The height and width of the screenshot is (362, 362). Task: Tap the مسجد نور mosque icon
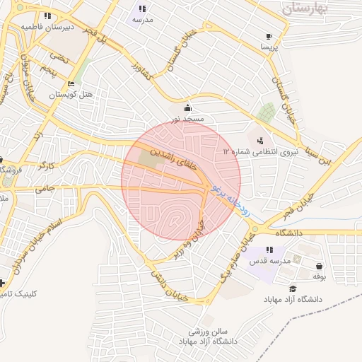coord(187,107)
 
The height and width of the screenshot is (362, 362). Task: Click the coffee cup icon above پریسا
coord(269,37)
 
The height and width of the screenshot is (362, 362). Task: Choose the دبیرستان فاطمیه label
coord(47,26)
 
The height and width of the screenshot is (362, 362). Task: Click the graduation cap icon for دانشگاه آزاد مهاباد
coord(293,288)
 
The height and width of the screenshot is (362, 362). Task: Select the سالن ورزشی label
coord(209,331)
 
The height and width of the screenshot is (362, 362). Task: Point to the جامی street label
coord(45,188)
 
